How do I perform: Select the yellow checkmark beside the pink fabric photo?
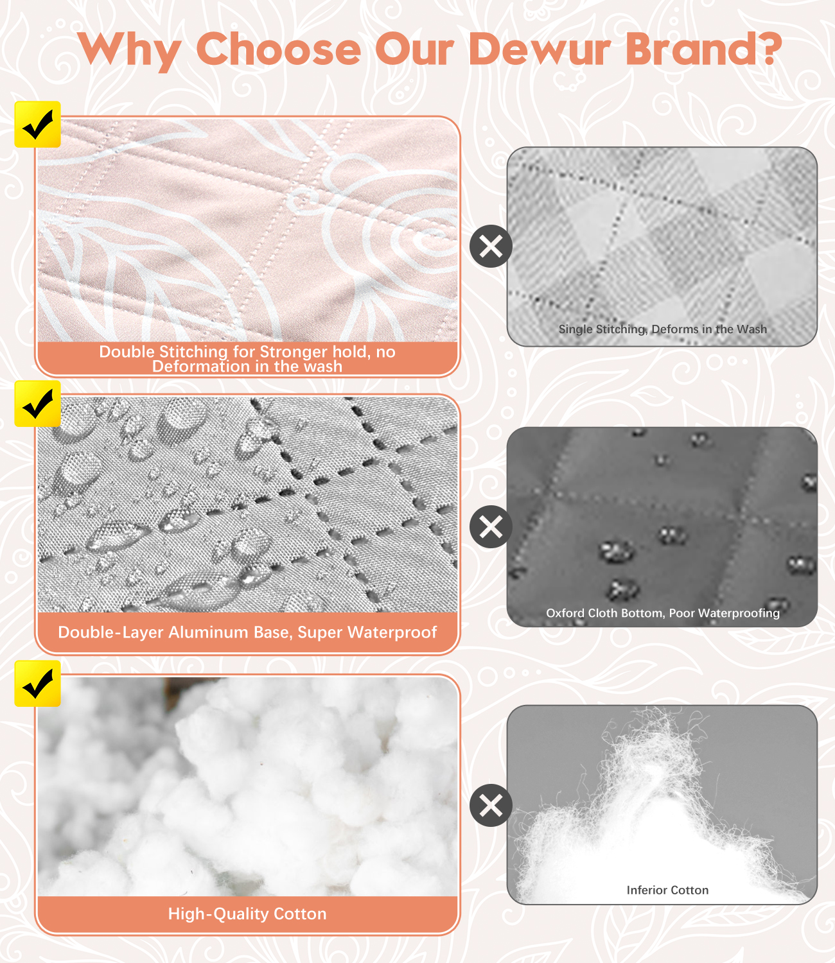pos(37,125)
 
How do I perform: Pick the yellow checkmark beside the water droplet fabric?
pos(37,403)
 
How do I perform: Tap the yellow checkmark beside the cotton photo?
pos(37,684)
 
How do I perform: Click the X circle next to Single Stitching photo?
pos(491,246)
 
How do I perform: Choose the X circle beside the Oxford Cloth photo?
pos(491,526)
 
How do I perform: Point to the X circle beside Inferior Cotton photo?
pos(491,805)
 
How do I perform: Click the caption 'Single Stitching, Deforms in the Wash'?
pos(662,329)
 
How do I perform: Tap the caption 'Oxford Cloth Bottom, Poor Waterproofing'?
pos(662,613)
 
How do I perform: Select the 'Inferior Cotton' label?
pos(667,890)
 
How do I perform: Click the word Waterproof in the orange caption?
pos(392,632)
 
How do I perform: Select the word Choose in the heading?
pos(279,49)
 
